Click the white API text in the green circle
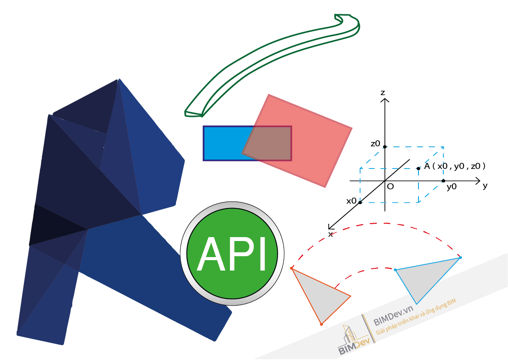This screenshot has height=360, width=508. (x=232, y=255)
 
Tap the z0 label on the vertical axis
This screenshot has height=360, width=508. (x=375, y=144)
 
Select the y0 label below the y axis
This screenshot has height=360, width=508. (x=452, y=187)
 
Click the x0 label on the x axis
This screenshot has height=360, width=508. (x=351, y=201)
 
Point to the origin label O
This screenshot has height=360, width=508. (x=390, y=186)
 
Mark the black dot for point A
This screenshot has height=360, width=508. (x=418, y=168)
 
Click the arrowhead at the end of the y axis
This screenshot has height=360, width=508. (x=478, y=180)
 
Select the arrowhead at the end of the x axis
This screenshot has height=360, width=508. (x=330, y=227)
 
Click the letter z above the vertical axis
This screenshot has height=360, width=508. (x=382, y=92)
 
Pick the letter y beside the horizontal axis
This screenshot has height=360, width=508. (x=485, y=186)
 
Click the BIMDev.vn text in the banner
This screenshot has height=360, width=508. (x=393, y=321)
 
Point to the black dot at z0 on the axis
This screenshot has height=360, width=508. (x=385, y=147)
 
